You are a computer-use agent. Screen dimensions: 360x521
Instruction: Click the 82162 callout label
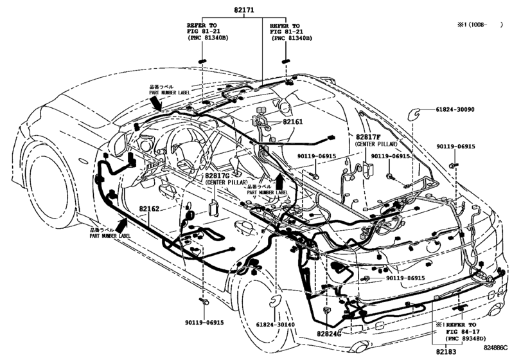pyautogui.click(x=146, y=210)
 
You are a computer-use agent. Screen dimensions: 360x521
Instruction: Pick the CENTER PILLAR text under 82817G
pyautogui.click(x=227, y=183)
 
